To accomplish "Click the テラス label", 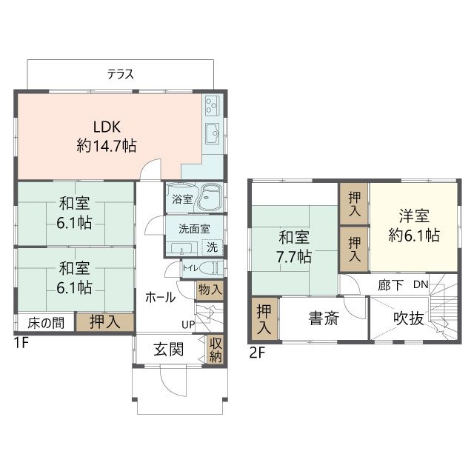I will [x=120, y=73].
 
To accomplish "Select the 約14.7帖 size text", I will [x=106, y=146].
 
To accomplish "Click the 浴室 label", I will [x=182, y=198].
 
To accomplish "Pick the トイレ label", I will [x=189, y=269].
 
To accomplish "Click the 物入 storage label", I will [x=210, y=289].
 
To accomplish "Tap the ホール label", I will [x=160, y=298].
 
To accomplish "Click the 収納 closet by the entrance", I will [x=216, y=350].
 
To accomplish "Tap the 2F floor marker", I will [x=256, y=353].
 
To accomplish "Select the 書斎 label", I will [x=324, y=320].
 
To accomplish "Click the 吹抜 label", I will [x=408, y=318].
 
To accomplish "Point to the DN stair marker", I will [x=421, y=284].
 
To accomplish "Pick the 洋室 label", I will [x=415, y=216].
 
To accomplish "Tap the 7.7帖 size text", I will [x=295, y=258].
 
